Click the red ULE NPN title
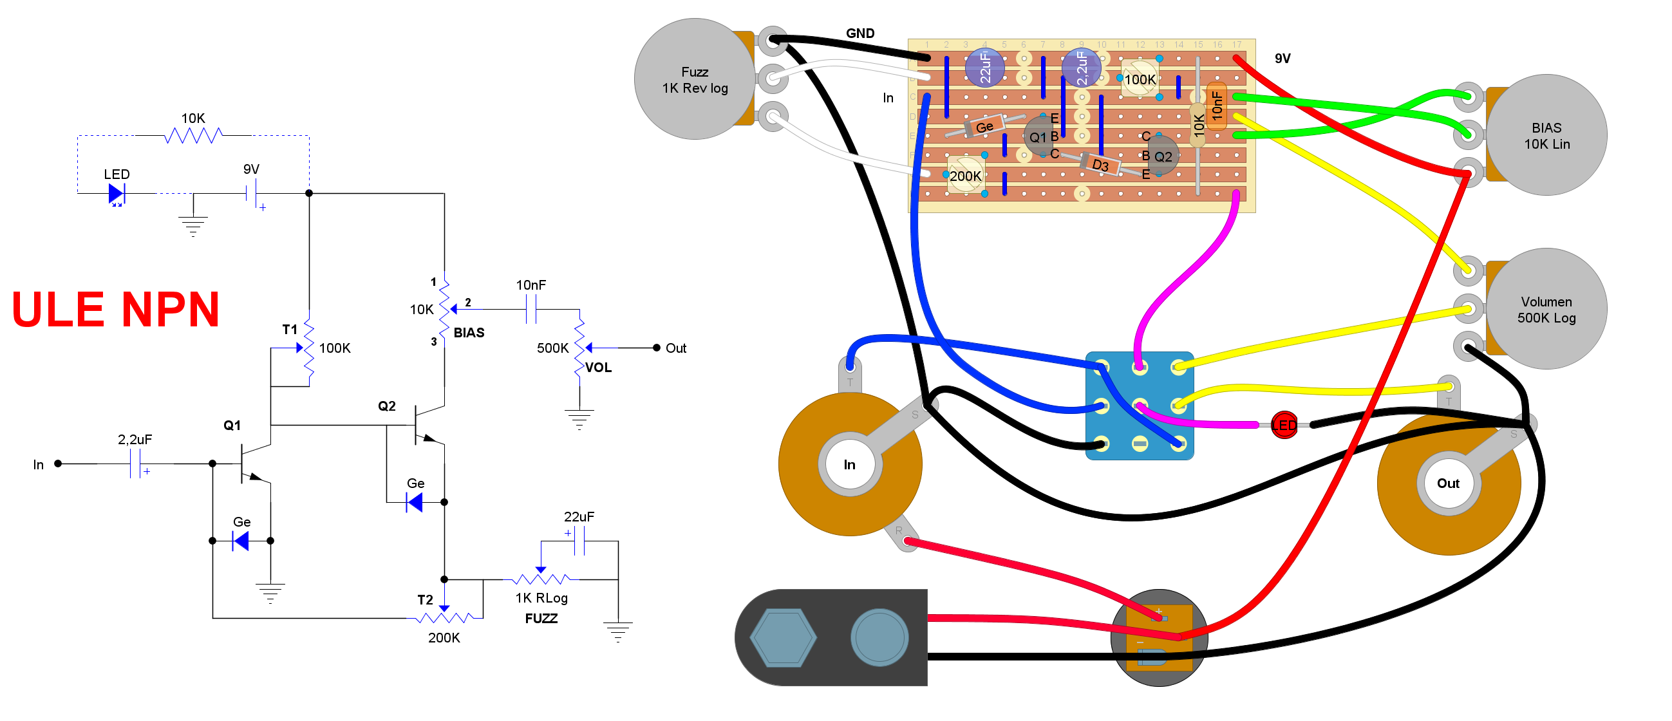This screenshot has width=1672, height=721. tap(115, 310)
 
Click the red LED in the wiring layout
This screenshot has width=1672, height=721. tap(1283, 426)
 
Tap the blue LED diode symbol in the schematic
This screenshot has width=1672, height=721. tap(116, 193)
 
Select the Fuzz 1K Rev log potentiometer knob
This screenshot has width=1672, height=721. tap(694, 79)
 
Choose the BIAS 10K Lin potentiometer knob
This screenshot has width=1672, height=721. tap(1546, 135)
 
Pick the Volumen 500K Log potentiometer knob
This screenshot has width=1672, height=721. tap(1546, 309)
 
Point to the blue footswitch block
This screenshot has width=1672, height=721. tap(1139, 406)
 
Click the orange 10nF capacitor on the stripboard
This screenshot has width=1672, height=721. tap(1216, 106)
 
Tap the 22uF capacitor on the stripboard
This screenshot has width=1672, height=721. tap(984, 68)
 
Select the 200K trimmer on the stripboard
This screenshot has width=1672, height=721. tap(966, 175)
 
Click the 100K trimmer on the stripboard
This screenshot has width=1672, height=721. tap(1139, 79)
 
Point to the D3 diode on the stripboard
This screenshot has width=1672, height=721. tap(1100, 164)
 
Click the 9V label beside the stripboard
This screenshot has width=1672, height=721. tap(1282, 59)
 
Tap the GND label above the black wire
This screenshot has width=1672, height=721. tap(860, 33)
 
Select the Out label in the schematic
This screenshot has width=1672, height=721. tap(675, 348)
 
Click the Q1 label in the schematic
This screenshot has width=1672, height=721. tap(232, 426)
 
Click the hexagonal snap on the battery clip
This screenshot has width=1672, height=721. tap(783, 638)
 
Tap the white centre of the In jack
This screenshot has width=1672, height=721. tap(850, 465)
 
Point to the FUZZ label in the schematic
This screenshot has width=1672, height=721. tap(541, 619)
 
